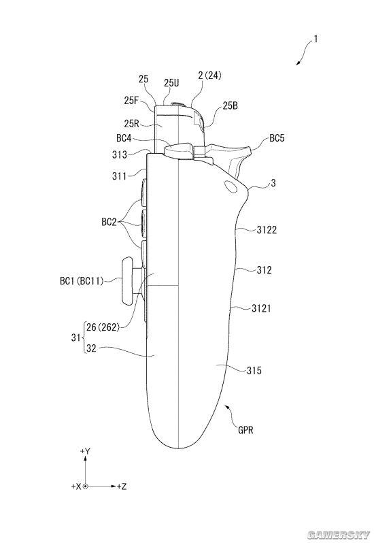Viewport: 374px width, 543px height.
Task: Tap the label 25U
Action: coord(171,83)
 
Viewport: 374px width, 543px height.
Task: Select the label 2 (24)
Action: coord(209,76)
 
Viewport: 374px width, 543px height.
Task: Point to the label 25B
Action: coord(231,105)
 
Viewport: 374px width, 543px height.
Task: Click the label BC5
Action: coord(277,139)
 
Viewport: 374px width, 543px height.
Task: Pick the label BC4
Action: coord(124,138)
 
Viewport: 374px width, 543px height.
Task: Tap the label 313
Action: coord(120,154)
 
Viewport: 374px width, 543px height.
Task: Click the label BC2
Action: coord(109,222)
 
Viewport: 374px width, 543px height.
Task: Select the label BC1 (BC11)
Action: coord(82,281)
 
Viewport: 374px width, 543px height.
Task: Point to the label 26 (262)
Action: coord(103,327)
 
